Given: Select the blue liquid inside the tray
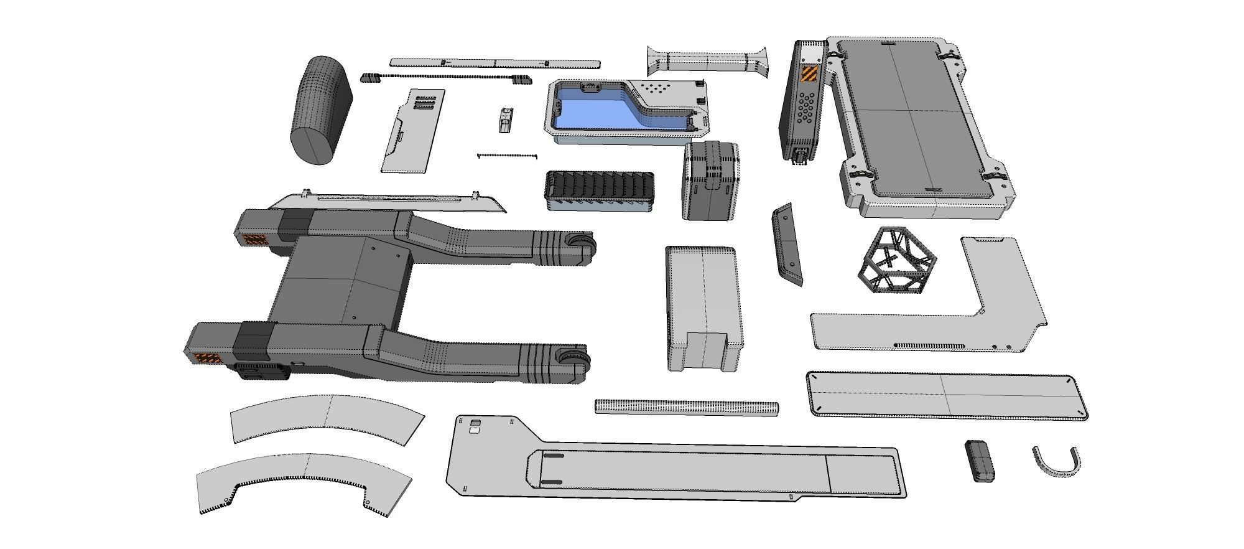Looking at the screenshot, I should [x=597, y=109].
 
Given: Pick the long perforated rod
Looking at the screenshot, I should [x=686, y=408].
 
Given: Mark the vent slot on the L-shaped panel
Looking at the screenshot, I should [x=929, y=345].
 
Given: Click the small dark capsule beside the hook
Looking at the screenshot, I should [x=979, y=461].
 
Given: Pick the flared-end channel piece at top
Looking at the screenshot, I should [x=707, y=61].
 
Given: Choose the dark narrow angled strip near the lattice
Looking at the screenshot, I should [x=786, y=244].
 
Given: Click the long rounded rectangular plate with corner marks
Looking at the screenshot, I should [x=945, y=395].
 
